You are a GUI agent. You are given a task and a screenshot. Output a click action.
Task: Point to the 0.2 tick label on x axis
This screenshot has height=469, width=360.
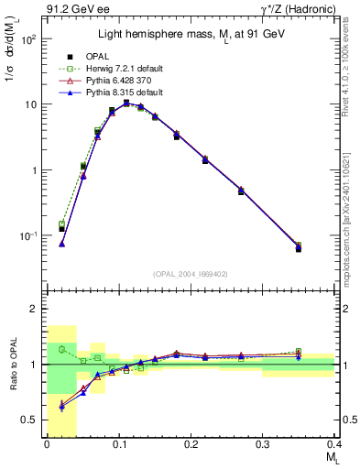click(x=191, y=444)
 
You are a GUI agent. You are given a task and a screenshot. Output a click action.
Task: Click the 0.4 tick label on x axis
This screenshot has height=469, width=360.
click(x=333, y=444)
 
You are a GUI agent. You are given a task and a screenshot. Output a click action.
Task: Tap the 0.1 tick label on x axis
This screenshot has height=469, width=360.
click(x=118, y=444)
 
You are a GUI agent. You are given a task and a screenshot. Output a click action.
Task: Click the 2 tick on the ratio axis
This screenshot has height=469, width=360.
click(x=37, y=309)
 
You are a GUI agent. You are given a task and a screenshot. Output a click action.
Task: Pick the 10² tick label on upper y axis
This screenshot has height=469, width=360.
click(x=30, y=38)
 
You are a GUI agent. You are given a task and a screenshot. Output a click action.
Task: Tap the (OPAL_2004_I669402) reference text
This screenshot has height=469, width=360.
click(x=190, y=273)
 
